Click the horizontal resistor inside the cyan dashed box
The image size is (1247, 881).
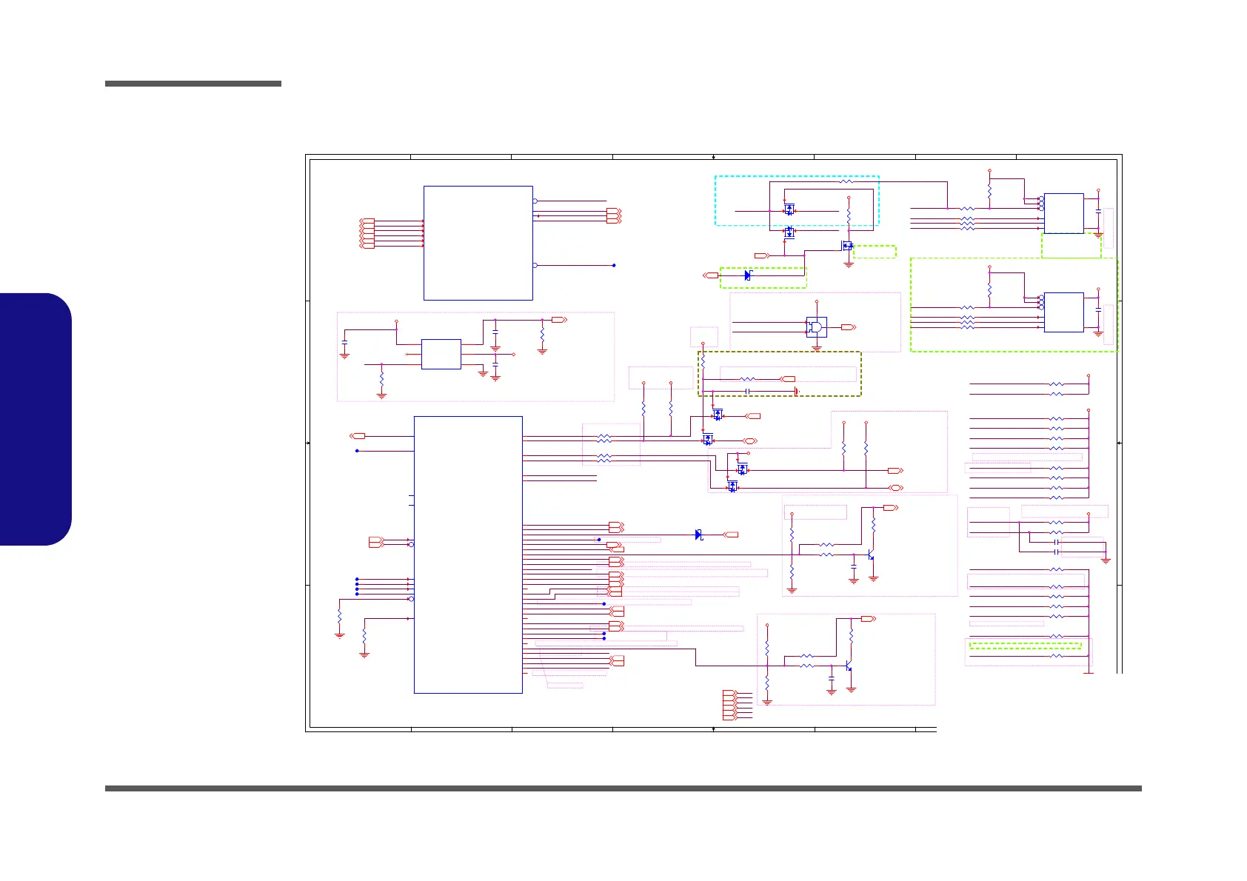tap(848, 181)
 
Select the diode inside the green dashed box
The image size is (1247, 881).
tap(747, 275)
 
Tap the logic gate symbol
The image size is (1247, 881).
tap(816, 326)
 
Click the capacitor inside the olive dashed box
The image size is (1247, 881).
tap(749, 391)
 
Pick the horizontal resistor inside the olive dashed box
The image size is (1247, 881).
tap(748, 379)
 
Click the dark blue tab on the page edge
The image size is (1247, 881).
tap(36, 419)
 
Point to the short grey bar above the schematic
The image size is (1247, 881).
tap(193, 84)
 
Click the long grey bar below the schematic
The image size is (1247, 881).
tap(623, 788)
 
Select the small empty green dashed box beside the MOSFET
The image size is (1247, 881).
tap(875, 252)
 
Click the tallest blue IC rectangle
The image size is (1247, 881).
tap(468, 555)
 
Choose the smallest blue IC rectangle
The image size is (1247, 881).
tap(441, 354)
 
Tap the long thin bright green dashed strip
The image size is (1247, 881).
tap(1026, 646)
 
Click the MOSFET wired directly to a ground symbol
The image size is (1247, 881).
tap(846, 246)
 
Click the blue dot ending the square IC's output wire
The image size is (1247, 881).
tap(614, 265)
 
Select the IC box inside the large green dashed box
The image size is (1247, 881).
tap(1063, 312)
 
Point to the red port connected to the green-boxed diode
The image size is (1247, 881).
tap(710, 275)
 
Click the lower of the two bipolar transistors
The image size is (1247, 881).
tap(849, 666)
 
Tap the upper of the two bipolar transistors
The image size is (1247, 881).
tap(872, 555)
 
